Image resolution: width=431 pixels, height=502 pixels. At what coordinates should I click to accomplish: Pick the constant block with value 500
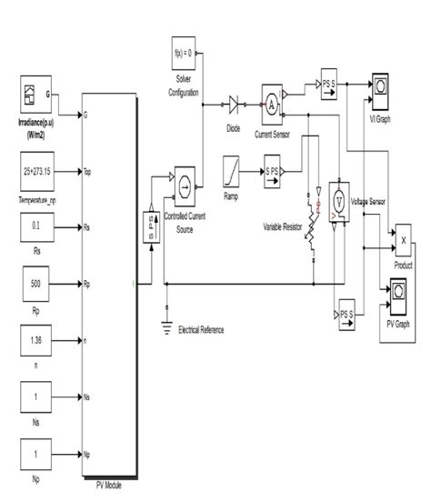(35, 284)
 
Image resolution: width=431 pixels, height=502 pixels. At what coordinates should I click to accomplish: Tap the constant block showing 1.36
(35, 342)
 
